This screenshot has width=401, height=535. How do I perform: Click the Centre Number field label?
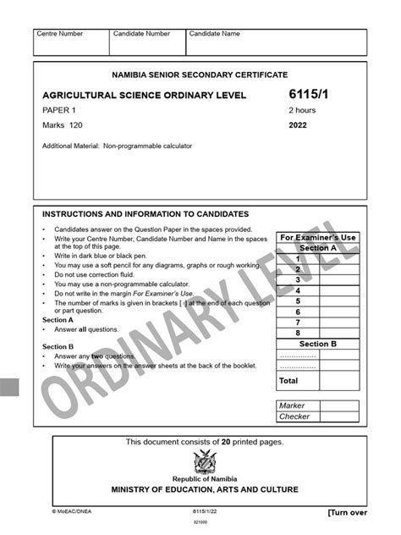coord(59,34)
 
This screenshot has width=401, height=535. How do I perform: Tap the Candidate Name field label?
coord(214,34)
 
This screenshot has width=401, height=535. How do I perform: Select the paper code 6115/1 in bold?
coord(309,95)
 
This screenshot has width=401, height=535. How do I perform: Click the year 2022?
coord(299,125)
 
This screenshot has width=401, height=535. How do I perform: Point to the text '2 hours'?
coord(303,110)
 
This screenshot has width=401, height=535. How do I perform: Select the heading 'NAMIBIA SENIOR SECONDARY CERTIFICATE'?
coord(200,75)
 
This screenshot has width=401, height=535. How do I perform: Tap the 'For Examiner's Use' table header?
coord(317,237)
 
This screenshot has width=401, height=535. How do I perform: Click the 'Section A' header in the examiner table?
coord(317,248)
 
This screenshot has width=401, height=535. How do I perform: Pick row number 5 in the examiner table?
coord(298,301)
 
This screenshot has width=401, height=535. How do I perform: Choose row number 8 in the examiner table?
coord(298,333)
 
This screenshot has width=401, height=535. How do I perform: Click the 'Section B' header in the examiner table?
coord(317,344)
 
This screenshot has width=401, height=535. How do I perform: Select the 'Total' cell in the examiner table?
coord(289,382)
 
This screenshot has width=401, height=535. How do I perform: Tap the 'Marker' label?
coord(294,405)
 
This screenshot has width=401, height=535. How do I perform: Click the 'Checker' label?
coord(295,416)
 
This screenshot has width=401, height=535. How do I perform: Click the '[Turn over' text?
coord(347,512)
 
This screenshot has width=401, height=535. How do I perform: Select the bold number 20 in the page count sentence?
coord(226,442)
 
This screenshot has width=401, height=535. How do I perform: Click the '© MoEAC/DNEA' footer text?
coord(72,512)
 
